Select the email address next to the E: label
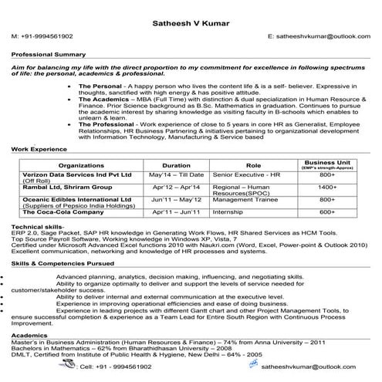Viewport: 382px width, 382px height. tap(323, 36)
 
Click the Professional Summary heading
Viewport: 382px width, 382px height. tap(48, 56)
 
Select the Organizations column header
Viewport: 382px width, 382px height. tap(81, 165)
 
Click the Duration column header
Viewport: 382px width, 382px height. tap(177, 165)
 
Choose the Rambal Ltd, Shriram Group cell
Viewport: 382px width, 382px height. tap(68, 187)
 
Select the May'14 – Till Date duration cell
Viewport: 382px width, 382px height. tap(177, 175)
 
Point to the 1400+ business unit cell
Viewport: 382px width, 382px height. tap(327, 187)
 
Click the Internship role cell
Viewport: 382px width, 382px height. tap(228, 212)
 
